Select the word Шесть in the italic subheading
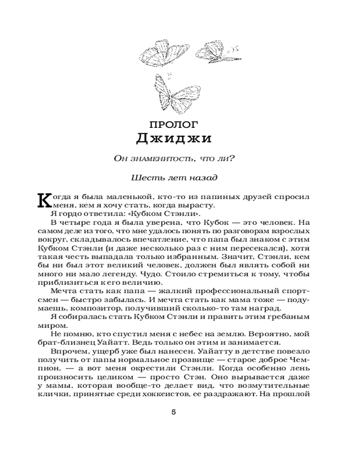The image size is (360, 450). (x=143, y=177)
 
